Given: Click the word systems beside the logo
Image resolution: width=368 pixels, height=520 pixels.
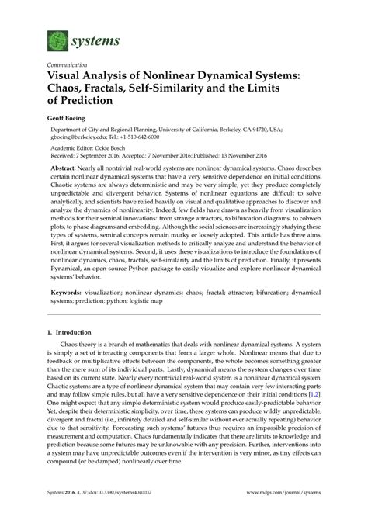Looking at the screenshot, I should [x=95, y=37].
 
